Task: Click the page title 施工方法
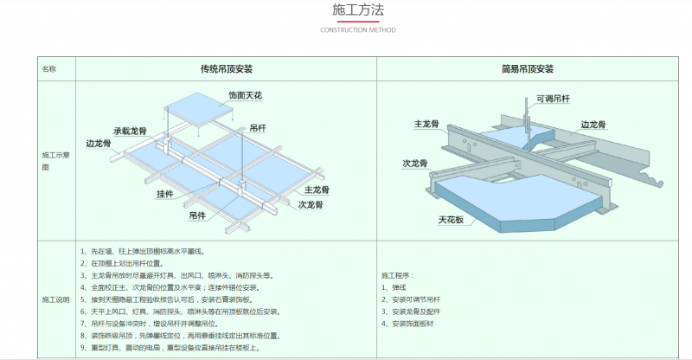point(358,10)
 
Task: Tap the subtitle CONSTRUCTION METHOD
point(358,29)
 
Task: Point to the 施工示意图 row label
point(52,159)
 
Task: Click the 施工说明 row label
point(54,299)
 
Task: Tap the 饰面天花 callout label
point(245,93)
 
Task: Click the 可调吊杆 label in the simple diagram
point(554,99)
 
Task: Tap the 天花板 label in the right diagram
point(451,220)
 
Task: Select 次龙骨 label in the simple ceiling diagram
point(418,163)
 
